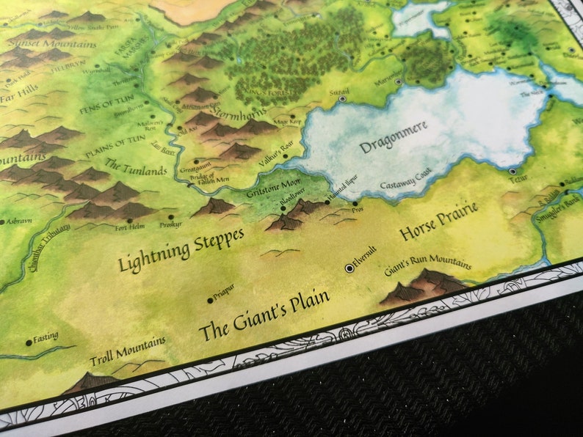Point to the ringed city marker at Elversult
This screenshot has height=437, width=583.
[350, 268]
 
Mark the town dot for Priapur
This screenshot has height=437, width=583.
[210, 301]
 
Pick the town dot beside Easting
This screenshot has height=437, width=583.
[29, 342]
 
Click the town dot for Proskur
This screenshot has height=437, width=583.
[171, 217]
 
